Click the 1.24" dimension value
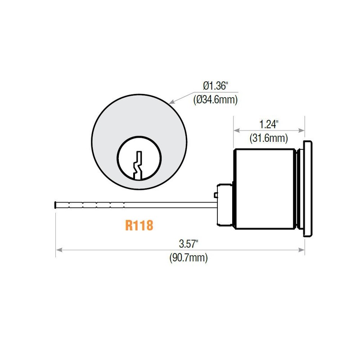point(269,123)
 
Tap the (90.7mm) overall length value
point(189,258)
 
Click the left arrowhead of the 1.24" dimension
point(235,130)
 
